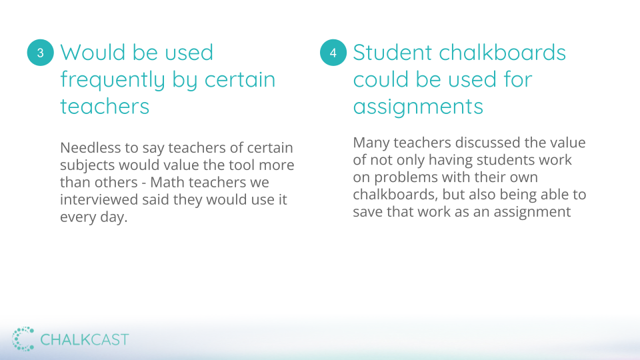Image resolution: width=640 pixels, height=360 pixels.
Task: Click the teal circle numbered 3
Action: tap(41, 53)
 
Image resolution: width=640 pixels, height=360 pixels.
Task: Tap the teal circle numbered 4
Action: tap(333, 53)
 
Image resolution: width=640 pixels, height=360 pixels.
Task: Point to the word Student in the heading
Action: tap(392, 53)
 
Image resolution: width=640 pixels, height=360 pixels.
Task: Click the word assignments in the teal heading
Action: tap(418, 107)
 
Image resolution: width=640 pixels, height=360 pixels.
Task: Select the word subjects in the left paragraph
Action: tap(87, 165)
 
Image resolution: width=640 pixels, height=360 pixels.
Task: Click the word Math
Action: tap(165, 182)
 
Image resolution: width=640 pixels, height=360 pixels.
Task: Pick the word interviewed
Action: tap(99, 199)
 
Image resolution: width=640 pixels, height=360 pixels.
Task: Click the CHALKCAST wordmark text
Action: tap(85, 339)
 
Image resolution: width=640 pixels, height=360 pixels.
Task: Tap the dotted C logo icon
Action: tap(23, 339)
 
